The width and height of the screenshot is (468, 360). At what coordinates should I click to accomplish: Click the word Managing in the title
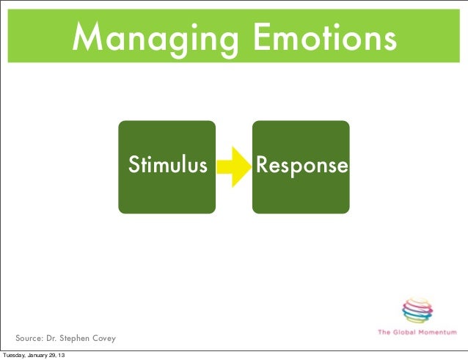(158, 37)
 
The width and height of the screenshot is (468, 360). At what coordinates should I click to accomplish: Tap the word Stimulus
(168, 165)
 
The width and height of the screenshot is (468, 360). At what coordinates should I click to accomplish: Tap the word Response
(301, 166)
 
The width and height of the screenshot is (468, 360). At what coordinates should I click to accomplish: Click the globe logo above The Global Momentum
(418, 309)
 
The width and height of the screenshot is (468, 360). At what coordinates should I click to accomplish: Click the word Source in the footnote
(32, 339)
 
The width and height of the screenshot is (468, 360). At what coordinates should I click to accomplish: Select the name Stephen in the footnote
(77, 339)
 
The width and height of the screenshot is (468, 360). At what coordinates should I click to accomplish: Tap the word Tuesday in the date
(15, 356)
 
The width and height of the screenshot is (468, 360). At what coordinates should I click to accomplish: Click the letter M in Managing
(87, 36)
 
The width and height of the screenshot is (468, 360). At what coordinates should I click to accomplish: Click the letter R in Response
(260, 165)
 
